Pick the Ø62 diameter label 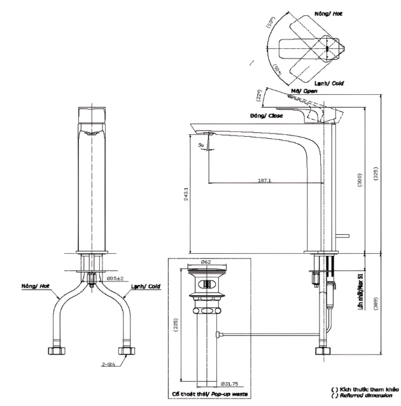coord(206,262)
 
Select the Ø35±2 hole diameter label coord(118,279)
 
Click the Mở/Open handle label coord(304,92)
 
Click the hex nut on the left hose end coord(52,351)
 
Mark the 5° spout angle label coord(200,146)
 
